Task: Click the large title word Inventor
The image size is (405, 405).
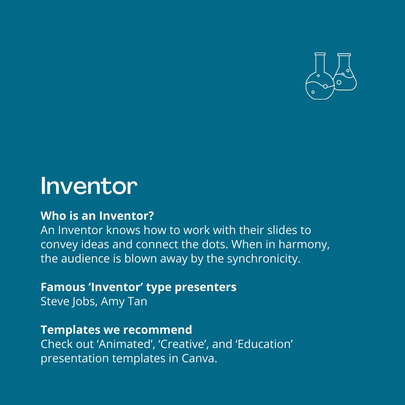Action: pos(89,185)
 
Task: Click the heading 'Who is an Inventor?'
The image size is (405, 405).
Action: pos(97,216)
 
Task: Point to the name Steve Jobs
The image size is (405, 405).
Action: pos(69,301)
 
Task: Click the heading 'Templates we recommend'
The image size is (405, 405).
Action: pos(116,330)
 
